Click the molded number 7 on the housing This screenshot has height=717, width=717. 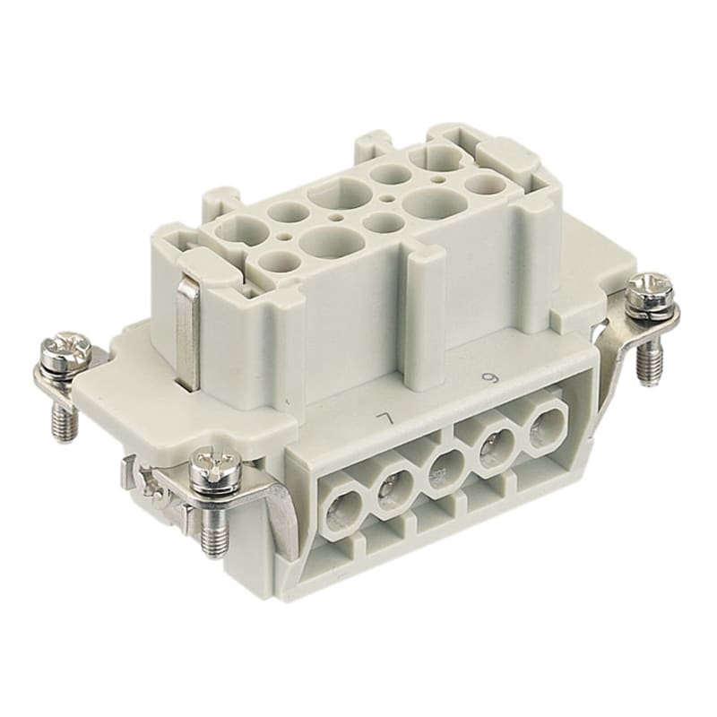point(384,419)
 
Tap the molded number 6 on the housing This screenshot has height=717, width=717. point(489,377)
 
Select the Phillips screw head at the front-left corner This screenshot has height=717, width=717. point(215,466)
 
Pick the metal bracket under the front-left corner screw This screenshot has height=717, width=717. point(269,502)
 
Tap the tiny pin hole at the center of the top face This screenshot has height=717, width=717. point(387,194)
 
